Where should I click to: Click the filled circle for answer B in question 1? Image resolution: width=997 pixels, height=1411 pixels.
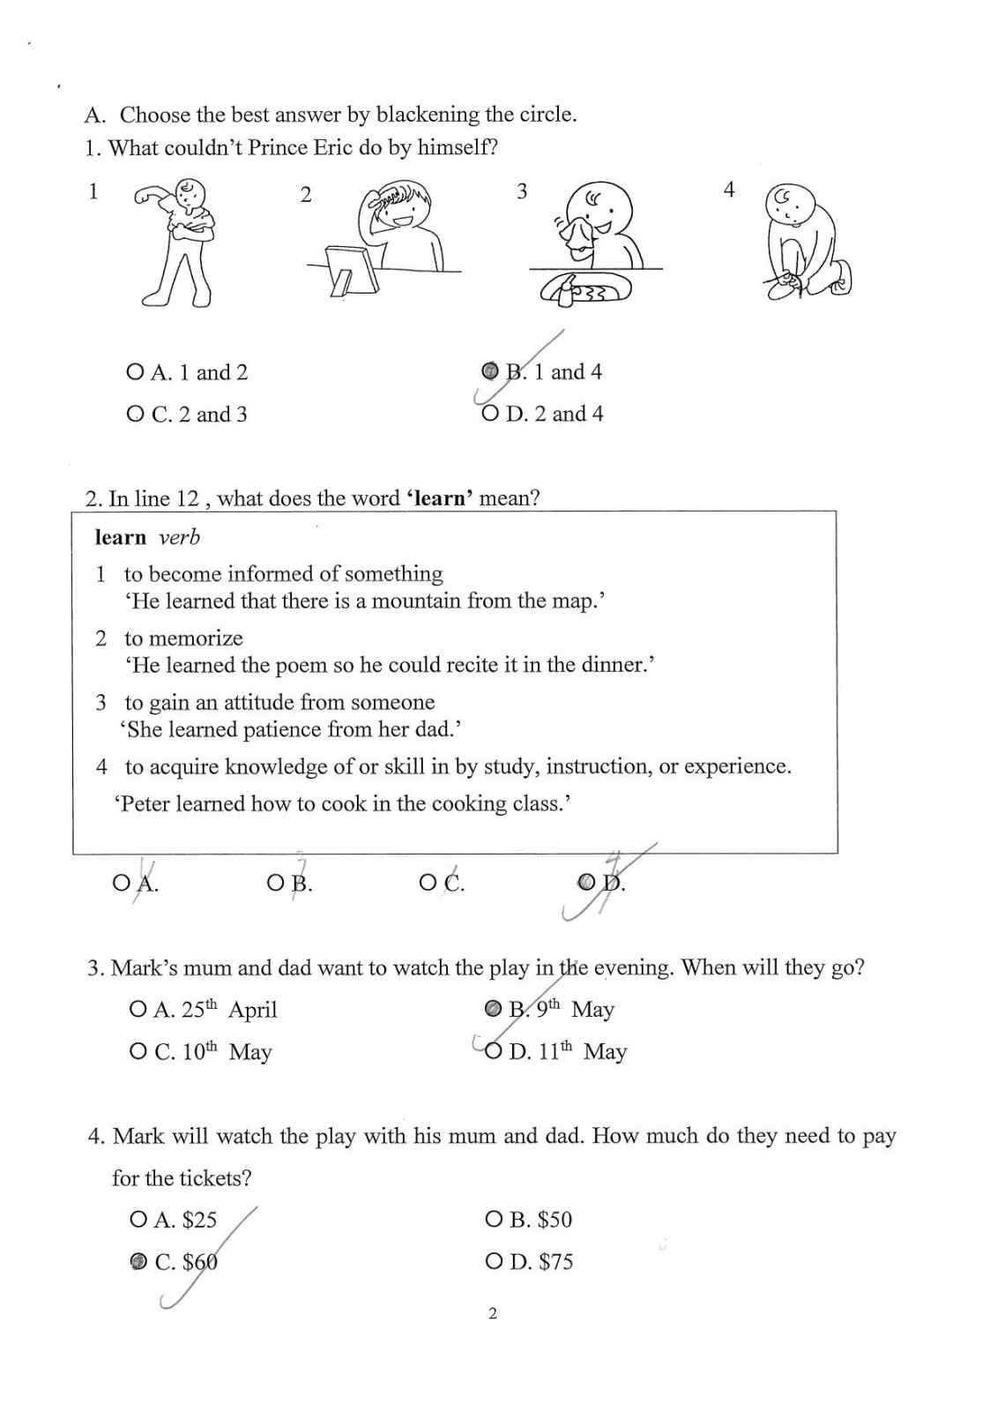(x=490, y=371)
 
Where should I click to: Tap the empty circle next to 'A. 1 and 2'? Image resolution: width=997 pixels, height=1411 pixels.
(x=135, y=372)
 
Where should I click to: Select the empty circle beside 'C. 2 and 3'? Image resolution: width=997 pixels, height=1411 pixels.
(x=135, y=414)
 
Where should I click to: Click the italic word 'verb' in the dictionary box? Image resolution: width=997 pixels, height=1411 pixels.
(x=179, y=537)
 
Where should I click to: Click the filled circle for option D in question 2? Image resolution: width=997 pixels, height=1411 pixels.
(x=585, y=881)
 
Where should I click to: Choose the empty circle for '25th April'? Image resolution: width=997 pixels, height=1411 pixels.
(x=138, y=1009)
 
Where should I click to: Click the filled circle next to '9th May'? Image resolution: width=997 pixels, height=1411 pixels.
(x=494, y=1008)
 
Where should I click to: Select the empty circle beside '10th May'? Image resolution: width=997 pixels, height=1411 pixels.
(x=138, y=1051)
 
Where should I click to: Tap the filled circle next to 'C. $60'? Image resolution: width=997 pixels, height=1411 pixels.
(x=138, y=1262)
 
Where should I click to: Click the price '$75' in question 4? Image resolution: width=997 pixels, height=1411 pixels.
(x=556, y=1262)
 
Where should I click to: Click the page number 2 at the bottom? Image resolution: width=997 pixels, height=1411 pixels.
(x=493, y=1313)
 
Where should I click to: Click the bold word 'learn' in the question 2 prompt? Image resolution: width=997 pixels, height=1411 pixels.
(x=441, y=498)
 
